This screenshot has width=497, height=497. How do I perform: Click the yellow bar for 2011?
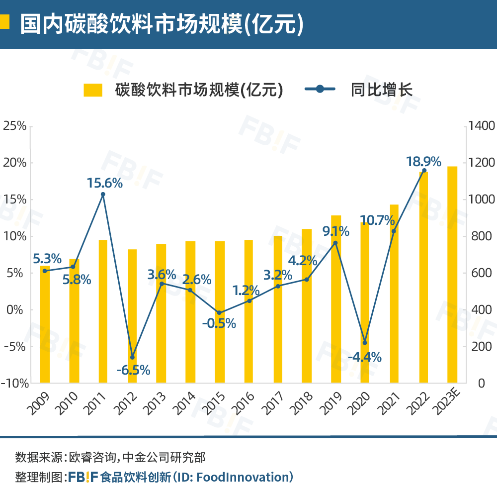click(x=103, y=311)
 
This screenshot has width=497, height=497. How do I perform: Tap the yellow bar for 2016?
click(x=248, y=311)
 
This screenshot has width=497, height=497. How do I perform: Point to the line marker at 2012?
click(x=132, y=357)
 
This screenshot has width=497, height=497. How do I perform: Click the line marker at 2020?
click(x=365, y=343)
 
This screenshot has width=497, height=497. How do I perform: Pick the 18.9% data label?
click(x=423, y=162)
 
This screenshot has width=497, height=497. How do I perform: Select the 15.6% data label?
click(x=104, y=183)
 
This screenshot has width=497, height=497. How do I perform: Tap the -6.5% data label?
click(x=133, y=370)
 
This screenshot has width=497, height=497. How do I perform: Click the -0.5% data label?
click(x=219, y=323)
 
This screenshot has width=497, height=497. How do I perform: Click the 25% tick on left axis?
click(x=14, y=126)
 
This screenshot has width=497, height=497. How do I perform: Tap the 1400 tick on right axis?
click(x=481, y=126)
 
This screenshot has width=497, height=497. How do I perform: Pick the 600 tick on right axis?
click(x=478, y=273)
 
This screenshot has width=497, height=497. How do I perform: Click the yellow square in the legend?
click(x=92, y=90)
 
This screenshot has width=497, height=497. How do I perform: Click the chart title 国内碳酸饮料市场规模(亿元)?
click(x=162, y=24)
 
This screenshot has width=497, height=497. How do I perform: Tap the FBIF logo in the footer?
click(x=83, y=477)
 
